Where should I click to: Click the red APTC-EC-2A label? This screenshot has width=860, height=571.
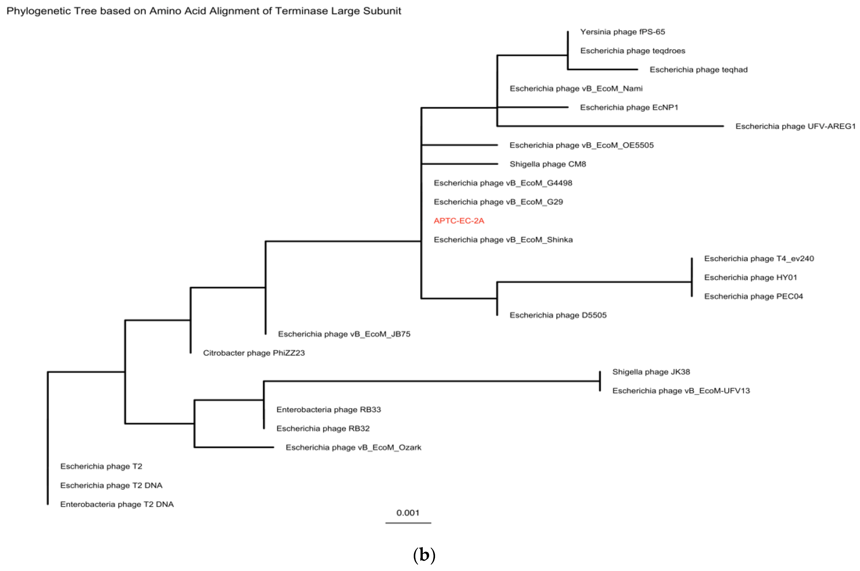(x=459, y=221)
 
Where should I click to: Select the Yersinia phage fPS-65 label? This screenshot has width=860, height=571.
(x=622, y=32)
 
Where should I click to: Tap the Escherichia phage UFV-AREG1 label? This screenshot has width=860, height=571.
(x=795, y=126)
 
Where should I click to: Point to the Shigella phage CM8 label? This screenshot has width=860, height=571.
(x=548, y=164)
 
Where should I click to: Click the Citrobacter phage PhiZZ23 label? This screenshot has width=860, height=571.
(x=254, y=353)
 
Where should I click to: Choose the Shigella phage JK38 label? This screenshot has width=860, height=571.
(x=651, y=372)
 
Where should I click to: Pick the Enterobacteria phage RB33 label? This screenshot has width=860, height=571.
(x=328, y=410)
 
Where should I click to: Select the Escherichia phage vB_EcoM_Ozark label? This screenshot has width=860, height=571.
(x=353, y=448)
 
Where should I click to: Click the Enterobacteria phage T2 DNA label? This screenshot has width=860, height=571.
(x=117, y=504)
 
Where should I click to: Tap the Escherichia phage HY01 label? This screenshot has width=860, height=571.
(x=750, y=278)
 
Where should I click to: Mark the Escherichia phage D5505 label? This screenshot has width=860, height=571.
(x=558, y=315)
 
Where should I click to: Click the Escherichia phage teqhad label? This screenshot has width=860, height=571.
(x=698, y=70)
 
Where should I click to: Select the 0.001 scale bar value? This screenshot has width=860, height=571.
(x=408, y=513)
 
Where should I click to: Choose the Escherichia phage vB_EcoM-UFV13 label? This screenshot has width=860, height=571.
(x=681, y=391)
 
